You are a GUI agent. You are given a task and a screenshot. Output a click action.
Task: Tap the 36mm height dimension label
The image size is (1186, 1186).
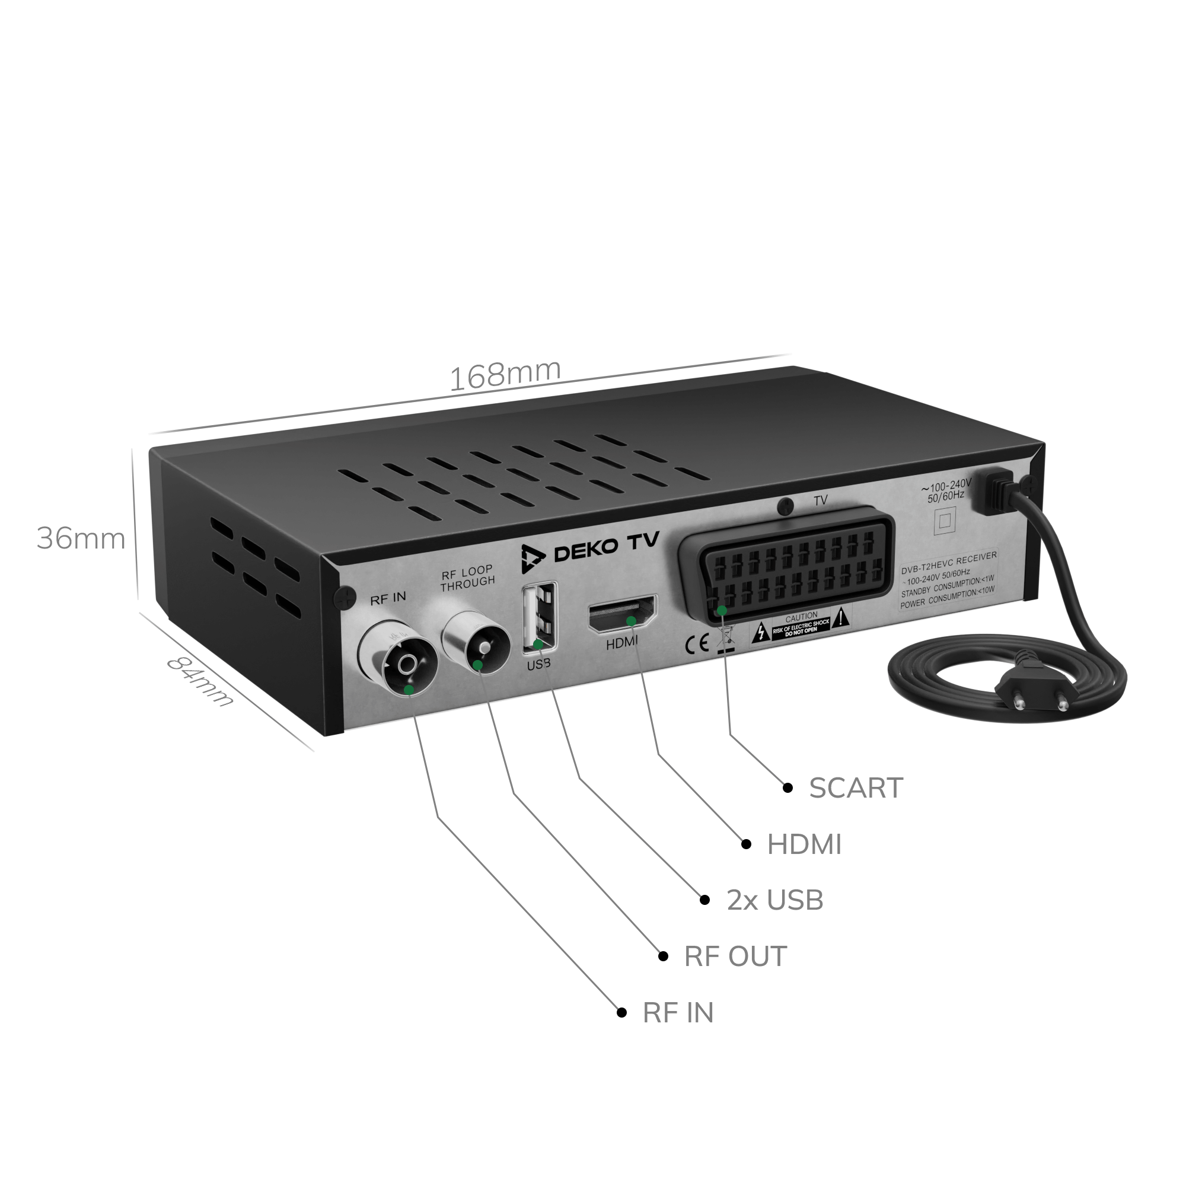(81, 539)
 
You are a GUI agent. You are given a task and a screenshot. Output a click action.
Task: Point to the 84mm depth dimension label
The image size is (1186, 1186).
(200, 681)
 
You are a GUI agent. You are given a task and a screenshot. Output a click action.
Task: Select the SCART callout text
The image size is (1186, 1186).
(856, 788)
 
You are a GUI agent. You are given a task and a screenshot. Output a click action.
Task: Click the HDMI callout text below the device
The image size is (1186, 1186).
(804, 844)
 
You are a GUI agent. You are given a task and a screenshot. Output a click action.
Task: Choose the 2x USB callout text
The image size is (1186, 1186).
(774, 901)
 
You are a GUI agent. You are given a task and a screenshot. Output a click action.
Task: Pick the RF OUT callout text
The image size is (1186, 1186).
(735, 957)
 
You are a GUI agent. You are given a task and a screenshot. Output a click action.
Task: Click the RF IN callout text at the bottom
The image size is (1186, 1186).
(678, 1013)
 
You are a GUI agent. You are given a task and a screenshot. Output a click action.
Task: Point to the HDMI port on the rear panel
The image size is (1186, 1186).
(623, 614)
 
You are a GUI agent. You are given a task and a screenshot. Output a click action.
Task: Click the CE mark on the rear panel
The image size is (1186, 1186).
(697, 645)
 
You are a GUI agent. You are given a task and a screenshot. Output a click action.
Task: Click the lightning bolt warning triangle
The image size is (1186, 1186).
(761, 632)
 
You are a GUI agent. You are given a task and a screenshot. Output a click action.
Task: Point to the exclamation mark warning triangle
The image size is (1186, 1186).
(841, 617)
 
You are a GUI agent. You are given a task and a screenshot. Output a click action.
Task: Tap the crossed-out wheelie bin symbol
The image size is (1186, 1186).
(725, 639)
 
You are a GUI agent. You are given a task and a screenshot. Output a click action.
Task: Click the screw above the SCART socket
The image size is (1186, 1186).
(785, 506)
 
